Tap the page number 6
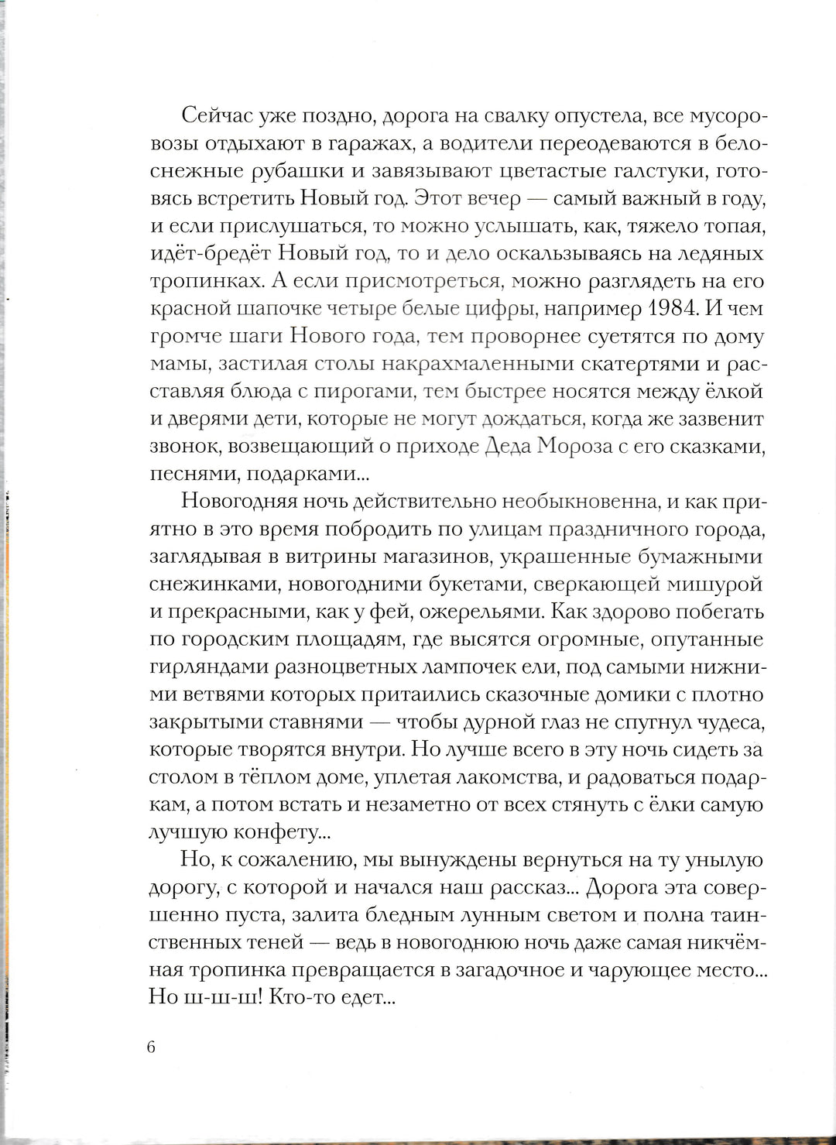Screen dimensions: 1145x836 point(151,1047)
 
